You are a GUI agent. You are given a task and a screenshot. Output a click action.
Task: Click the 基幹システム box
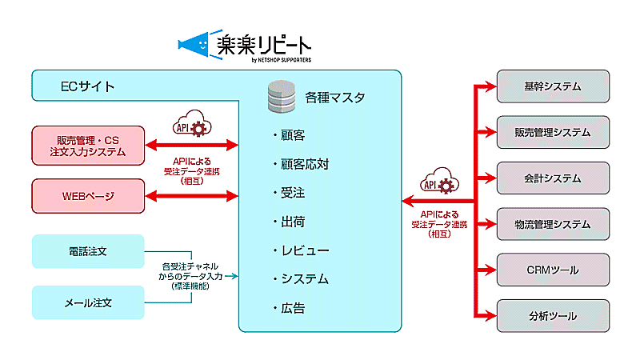coord(553,86)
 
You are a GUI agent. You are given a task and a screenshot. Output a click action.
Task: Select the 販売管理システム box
coord(553,132)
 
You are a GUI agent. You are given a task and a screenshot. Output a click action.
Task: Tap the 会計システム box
coord(553,178)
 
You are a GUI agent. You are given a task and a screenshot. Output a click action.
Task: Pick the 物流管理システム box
coord(553,224)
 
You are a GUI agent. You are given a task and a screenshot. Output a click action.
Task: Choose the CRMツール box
coord(553,270)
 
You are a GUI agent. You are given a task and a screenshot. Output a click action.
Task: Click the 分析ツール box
coord(553,316)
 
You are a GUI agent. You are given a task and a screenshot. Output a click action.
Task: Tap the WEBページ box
coord(88,196)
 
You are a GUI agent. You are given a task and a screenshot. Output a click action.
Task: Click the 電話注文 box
coord(88,251)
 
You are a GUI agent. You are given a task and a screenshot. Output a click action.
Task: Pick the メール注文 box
coord(88,303)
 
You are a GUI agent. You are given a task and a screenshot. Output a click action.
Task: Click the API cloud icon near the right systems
coord(438,183)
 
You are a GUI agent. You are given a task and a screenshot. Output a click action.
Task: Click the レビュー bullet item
coord(300,250)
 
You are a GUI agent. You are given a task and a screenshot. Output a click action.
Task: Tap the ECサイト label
coord(88,86)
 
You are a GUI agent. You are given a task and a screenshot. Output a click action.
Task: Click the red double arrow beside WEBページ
coord(192,196)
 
